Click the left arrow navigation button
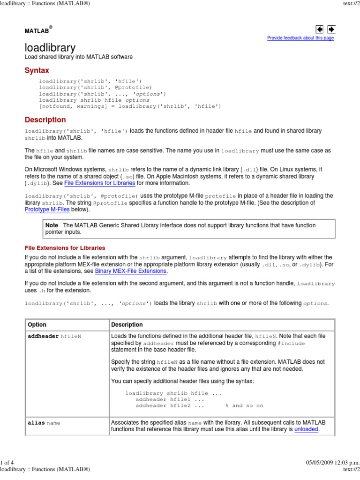(x=320, y=30)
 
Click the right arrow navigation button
(x=331, y=30)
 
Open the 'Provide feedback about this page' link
(x=300, y=38)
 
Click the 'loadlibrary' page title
(x=50, y=47)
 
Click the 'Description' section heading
(x=45, y=120)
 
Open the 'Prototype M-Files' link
(x=47, y=210)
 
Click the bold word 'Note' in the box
(x=52, y=225)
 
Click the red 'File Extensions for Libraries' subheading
(x=65, y=247)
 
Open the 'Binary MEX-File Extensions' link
(x=131, y=271)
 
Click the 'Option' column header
(x=37, y=324)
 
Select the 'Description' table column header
(x=127, y=324)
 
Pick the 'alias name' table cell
(x=44, y=422)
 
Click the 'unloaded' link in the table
(x=306, y=429)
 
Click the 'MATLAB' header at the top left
(x=37, y=30)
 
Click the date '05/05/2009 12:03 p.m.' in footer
(x=331, y=463)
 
